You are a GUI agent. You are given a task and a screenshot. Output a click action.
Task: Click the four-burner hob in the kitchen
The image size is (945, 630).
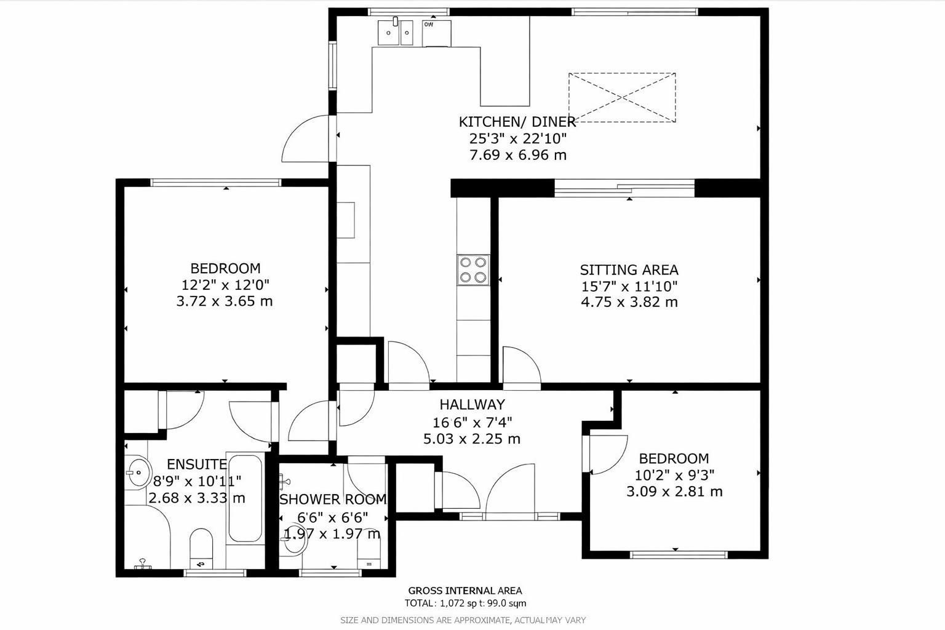click(x=473, y=270)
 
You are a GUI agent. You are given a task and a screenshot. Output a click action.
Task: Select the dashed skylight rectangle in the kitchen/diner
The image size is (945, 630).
click(x=621, y=97)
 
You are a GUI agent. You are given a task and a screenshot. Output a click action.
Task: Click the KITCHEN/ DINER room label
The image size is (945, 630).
click(x=517, y=122)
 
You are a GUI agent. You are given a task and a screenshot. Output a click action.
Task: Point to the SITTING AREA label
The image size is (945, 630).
click(x=629, y=269)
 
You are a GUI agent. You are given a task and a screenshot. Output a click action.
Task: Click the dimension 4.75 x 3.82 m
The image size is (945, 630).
click(x=629, y=302)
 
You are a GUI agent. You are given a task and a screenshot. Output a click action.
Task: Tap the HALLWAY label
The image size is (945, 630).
click(x=472, y=404)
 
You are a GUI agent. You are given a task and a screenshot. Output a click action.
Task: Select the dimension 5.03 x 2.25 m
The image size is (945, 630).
click(x=472, y=439)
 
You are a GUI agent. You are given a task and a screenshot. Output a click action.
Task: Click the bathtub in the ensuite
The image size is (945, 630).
click(x=244, y=498)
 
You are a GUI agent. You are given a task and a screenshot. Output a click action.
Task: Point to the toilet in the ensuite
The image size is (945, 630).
click(x=201, y=546)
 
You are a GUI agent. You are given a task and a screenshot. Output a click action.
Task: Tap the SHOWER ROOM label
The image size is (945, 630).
click(x=333, y=499)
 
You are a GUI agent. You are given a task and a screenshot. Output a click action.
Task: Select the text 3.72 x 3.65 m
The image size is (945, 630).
click(x=225, y=301)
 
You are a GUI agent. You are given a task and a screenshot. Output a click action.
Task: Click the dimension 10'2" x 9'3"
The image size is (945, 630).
click(x=674, y=475)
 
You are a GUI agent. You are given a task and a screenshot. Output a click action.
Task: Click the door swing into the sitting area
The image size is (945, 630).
click(x=520, y=366)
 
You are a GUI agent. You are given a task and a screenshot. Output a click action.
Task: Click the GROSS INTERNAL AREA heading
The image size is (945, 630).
click(x=465, y=591)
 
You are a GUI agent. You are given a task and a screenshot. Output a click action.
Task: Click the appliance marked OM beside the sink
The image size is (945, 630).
click(x=436, y=33)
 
